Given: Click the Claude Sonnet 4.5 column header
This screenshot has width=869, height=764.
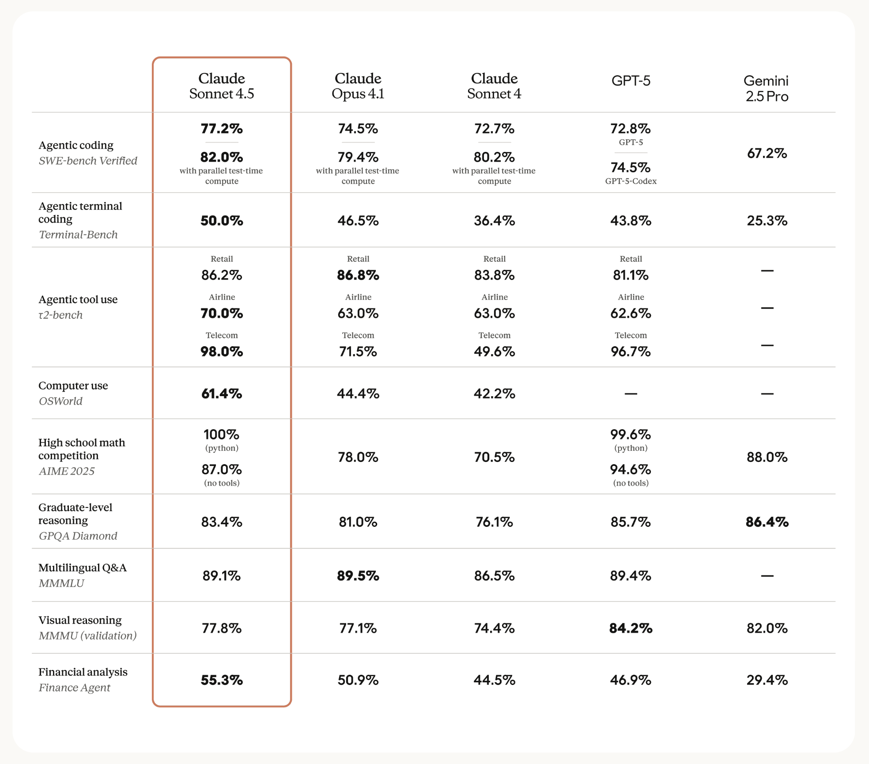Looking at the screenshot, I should tap(222, 86).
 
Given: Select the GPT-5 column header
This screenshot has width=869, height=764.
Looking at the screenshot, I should tap(631, 81).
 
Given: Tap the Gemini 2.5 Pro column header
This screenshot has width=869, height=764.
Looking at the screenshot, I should tap(767, 88).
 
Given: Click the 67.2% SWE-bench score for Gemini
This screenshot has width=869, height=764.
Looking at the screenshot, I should tap(767, 153).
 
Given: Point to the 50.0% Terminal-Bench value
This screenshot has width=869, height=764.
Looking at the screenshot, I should tap(222, 220).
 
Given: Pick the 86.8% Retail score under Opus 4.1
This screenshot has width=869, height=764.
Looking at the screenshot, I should tap(358, 275).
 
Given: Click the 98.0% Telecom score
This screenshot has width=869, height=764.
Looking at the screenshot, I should tap(222, 352).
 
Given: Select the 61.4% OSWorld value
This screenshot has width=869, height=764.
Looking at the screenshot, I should tap(222, 393).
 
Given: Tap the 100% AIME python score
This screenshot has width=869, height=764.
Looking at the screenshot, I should tap(222, 435).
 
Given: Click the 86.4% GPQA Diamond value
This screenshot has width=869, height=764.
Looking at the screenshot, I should tap(767, 522).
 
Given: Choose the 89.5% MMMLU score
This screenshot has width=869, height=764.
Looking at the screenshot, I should tap(358, 576).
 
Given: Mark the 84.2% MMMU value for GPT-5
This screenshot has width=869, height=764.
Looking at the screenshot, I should tap(631, 628).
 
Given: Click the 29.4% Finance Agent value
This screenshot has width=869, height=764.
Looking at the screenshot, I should tap(767, 680).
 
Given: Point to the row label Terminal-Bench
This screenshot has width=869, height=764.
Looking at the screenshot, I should tap(78, 234).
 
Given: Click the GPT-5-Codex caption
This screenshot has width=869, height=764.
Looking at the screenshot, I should tap(631, 181).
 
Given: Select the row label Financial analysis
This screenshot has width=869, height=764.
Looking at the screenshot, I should tap(83, 672).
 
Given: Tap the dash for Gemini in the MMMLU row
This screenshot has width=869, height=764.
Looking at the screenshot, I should tap(767, 576).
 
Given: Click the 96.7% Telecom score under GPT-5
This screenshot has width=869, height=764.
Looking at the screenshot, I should tap(631, 352).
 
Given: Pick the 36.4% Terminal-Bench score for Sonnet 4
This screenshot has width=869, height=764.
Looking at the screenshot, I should tap(494, 220).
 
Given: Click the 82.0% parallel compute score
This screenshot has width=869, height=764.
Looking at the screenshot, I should tap(222, 157).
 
